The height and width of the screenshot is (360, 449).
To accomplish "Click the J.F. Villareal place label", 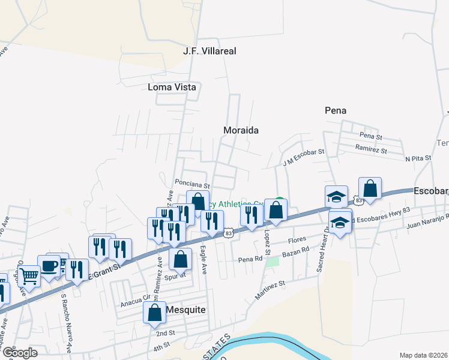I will (209, 52).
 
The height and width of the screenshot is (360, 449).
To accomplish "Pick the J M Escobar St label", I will (303, 158).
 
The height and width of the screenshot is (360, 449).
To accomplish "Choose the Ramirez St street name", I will (370, 147).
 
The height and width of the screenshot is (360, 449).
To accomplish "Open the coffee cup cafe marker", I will (48, 265).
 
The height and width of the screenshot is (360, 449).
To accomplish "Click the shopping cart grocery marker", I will (28, 276).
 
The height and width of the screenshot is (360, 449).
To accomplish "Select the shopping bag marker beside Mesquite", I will (154, 312).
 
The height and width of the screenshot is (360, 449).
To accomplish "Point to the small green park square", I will (273, 262).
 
